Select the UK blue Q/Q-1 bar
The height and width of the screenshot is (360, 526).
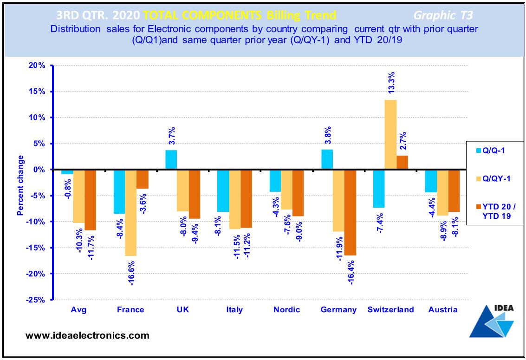coord(171,160)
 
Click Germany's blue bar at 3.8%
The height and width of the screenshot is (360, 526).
coord(327,159)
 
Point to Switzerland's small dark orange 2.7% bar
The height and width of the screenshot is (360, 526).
coord(402,163)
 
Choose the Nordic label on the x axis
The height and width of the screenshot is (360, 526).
coord(286,310)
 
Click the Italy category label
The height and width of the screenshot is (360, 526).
coord(234,310)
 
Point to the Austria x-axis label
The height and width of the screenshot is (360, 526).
coord(443,310)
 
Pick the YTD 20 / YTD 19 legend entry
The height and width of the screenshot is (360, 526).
coord(496,211)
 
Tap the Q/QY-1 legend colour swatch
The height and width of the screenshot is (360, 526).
coord(476,178)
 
